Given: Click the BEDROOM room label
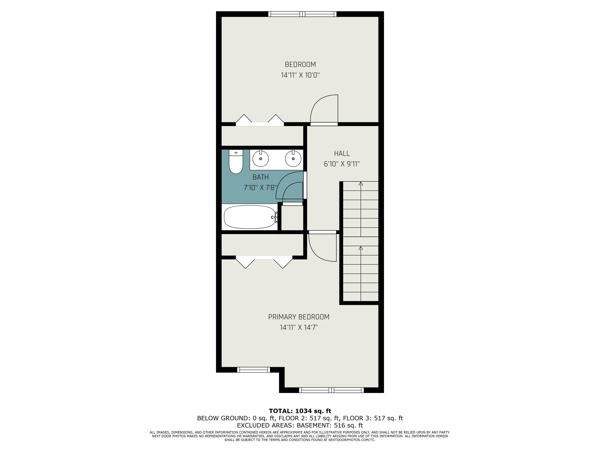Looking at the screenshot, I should [300, 65].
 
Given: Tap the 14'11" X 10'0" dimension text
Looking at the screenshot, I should [300, 75].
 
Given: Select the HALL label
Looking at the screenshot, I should [342, 154].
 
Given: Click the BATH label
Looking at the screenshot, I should [260, 177].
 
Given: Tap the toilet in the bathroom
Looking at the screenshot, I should [236, 162].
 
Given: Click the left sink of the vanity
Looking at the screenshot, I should [260, 159].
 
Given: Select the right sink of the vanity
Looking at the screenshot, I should [293, 159].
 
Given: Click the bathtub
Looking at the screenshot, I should [249, 217].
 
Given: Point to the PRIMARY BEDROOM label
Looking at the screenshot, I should [299, 317].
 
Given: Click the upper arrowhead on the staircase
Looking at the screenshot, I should [360, 184].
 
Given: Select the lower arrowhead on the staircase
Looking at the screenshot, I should [360, 248].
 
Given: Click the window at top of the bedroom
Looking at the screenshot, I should [302, 14].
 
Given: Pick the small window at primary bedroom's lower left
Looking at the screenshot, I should [253, 370].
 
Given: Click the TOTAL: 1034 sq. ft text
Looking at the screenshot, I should [300, 411].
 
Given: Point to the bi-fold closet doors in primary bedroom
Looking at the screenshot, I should [264, 262].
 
